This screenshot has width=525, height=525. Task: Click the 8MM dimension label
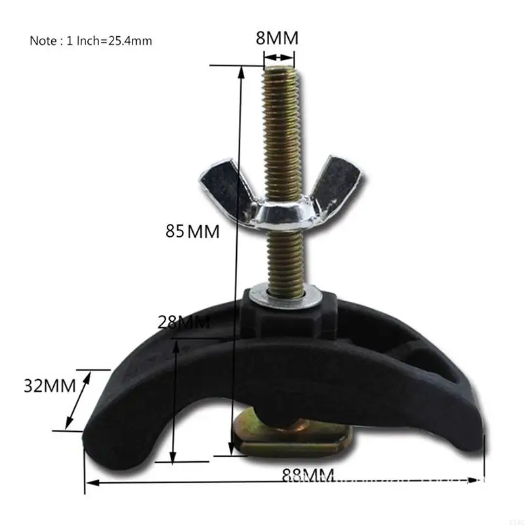[276, 38]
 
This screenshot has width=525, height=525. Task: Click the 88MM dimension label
[308, 474]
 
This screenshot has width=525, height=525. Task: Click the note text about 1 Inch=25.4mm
[91, 41]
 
